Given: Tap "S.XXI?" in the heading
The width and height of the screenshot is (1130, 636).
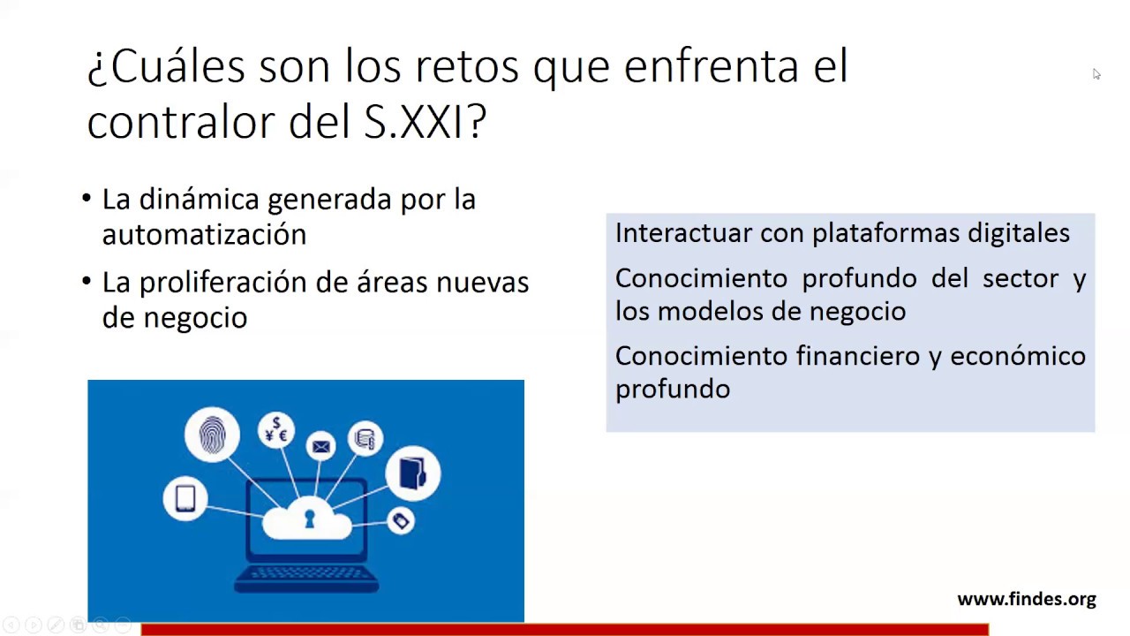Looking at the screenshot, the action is pos(426,122).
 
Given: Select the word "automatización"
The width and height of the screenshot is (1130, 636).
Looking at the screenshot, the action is pos(204,234).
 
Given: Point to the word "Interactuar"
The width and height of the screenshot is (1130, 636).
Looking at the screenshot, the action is pos(683,232).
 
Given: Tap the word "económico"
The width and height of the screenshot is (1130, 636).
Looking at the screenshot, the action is pos(1018,356).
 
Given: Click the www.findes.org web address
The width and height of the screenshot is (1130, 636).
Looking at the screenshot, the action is pos(1027,599).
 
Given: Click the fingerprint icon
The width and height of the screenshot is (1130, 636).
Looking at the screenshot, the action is pos(212,435).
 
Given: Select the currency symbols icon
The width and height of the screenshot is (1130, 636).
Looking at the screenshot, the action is pos(276,430).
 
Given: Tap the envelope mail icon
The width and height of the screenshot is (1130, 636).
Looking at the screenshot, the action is pos(320,447).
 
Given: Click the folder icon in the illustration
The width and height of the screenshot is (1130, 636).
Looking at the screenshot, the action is pos(412,473).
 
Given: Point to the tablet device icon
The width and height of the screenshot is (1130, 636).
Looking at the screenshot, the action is pos(185,499).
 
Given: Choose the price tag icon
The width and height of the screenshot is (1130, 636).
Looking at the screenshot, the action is pos(401,520).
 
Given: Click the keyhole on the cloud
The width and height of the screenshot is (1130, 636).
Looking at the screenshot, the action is pos(309,519).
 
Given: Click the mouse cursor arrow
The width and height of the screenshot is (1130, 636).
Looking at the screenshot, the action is pos(1096,74).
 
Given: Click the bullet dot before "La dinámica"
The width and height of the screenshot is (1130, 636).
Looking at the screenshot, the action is pos(87,198).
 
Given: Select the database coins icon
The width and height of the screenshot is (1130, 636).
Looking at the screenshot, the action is pos(365,438).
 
